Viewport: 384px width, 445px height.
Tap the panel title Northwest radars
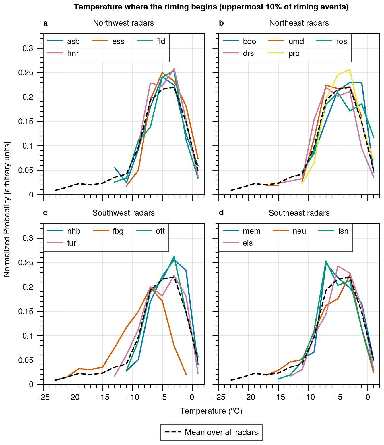pos(123,23)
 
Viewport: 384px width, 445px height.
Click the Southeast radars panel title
pos(299,213)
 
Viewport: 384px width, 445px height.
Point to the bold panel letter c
pos(45,213)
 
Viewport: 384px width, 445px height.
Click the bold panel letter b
pos(221,23)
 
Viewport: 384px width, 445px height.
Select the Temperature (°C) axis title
pos(211,411)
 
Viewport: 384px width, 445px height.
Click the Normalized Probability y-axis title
pos(7,209)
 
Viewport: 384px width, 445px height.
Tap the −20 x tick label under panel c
pos(73,398)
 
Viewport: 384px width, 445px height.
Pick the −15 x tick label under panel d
pos(278,398)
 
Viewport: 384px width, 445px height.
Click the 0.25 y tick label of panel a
pos(26,73)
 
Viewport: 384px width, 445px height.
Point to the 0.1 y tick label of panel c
pos(28,336)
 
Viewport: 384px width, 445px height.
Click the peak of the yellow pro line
pos(350,70)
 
